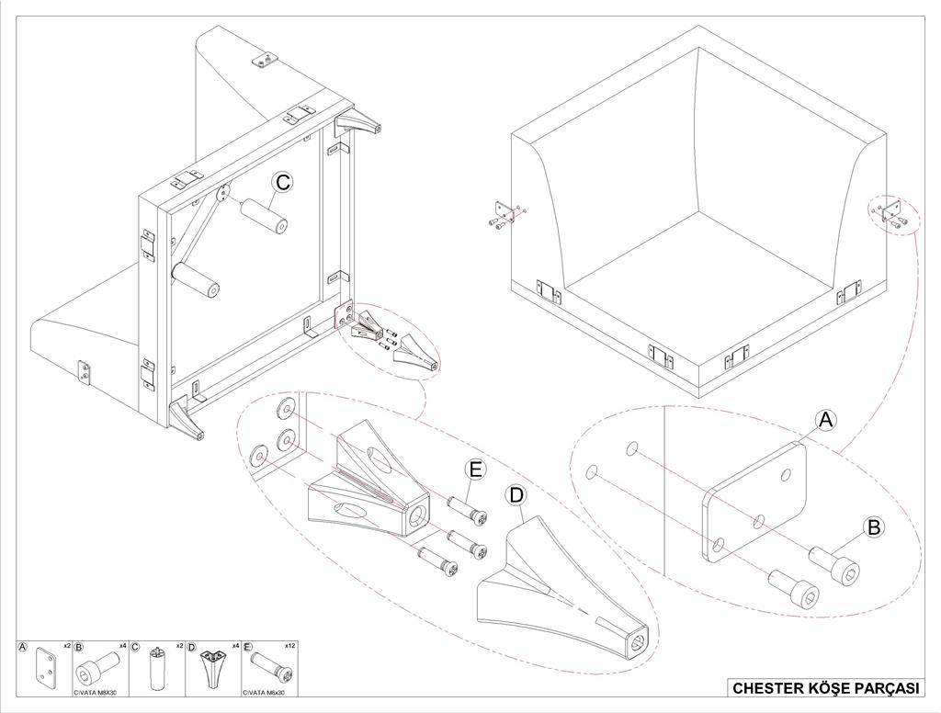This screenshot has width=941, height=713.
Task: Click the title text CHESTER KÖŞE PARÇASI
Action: point(825,688)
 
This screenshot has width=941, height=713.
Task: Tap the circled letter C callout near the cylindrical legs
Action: point(283,182)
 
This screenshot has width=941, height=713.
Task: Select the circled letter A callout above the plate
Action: point(826,420)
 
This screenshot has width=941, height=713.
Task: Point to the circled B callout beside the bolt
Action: point(874,526)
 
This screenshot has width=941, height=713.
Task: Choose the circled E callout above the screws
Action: point(475,470)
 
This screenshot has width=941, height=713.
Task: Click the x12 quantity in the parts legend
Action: point(291,646)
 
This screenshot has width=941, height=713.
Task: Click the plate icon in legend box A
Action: point(46,668)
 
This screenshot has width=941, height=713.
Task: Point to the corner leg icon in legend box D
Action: point(212,668)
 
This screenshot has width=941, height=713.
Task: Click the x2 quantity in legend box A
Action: point(66,646)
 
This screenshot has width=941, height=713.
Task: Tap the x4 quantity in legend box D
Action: point(235,646)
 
